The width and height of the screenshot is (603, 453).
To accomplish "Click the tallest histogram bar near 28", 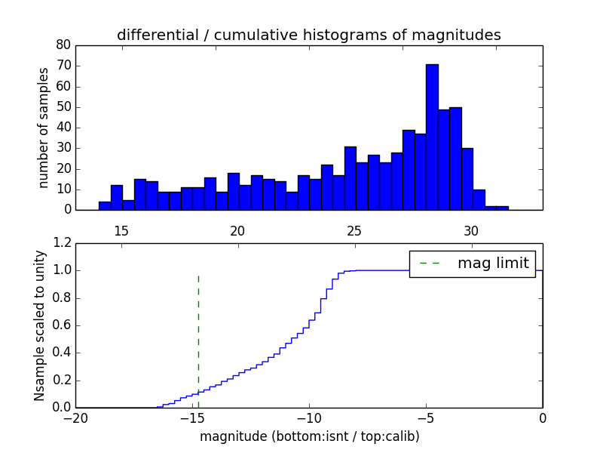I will pos(432,137).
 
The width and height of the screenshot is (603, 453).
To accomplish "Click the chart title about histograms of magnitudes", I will pos(308,35).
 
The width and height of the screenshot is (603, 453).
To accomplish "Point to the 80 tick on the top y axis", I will pos(63,45).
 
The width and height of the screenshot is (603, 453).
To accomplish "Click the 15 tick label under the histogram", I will pos(121,230).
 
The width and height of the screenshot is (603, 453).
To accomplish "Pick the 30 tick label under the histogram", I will pos(471,230).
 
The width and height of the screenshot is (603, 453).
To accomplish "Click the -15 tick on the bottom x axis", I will pos(192,418).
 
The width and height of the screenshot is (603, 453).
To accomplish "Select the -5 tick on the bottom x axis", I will pos(426,418).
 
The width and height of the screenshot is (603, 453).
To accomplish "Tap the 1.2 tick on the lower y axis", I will pos(60,243).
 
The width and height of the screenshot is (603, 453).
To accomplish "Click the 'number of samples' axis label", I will pos(44,128).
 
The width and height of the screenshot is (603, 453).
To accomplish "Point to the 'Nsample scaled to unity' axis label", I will pos(40,325).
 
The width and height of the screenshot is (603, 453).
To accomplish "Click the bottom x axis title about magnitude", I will pos(309,436).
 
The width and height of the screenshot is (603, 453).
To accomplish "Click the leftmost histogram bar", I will pos(105,205).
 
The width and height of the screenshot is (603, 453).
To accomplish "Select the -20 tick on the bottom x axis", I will pos(75,418).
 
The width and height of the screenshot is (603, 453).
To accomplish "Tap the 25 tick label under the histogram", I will pos(354,230).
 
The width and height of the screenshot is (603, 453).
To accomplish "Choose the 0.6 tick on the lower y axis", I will pos(60,325).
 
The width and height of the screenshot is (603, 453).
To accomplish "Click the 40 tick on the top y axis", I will pos(63,128).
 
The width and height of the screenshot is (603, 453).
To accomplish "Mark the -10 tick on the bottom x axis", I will pos(309,418).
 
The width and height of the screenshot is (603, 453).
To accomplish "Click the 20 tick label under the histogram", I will pos(238,230).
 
